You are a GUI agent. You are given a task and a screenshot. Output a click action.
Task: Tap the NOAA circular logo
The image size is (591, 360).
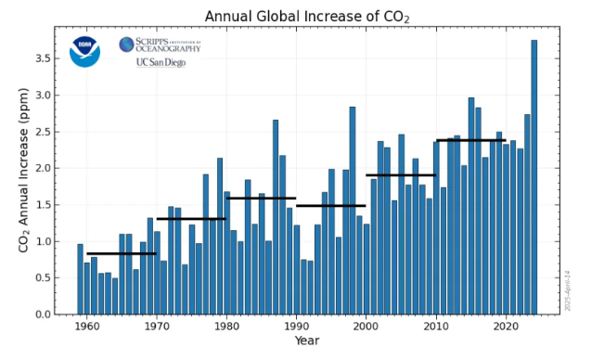pos(84,51)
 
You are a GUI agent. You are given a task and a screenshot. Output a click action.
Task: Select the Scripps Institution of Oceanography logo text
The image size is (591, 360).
pos(160,45)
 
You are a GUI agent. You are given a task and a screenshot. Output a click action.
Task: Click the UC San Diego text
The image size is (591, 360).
pos(161,63)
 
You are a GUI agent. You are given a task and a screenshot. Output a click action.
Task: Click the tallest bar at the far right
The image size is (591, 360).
pos(534,176)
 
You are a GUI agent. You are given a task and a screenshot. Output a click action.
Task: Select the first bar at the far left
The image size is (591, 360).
pos(80,278)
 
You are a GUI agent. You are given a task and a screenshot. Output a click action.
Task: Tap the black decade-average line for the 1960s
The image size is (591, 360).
pos(122,253)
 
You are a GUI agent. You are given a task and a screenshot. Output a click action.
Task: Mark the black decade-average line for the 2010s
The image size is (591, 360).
pos(470,140)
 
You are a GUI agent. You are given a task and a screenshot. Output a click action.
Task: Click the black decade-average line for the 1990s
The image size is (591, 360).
pos(331,206)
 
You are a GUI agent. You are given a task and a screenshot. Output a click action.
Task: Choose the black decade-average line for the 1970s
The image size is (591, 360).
pos(191,219)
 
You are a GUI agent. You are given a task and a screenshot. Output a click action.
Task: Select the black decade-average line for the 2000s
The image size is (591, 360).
pos(401,174)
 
